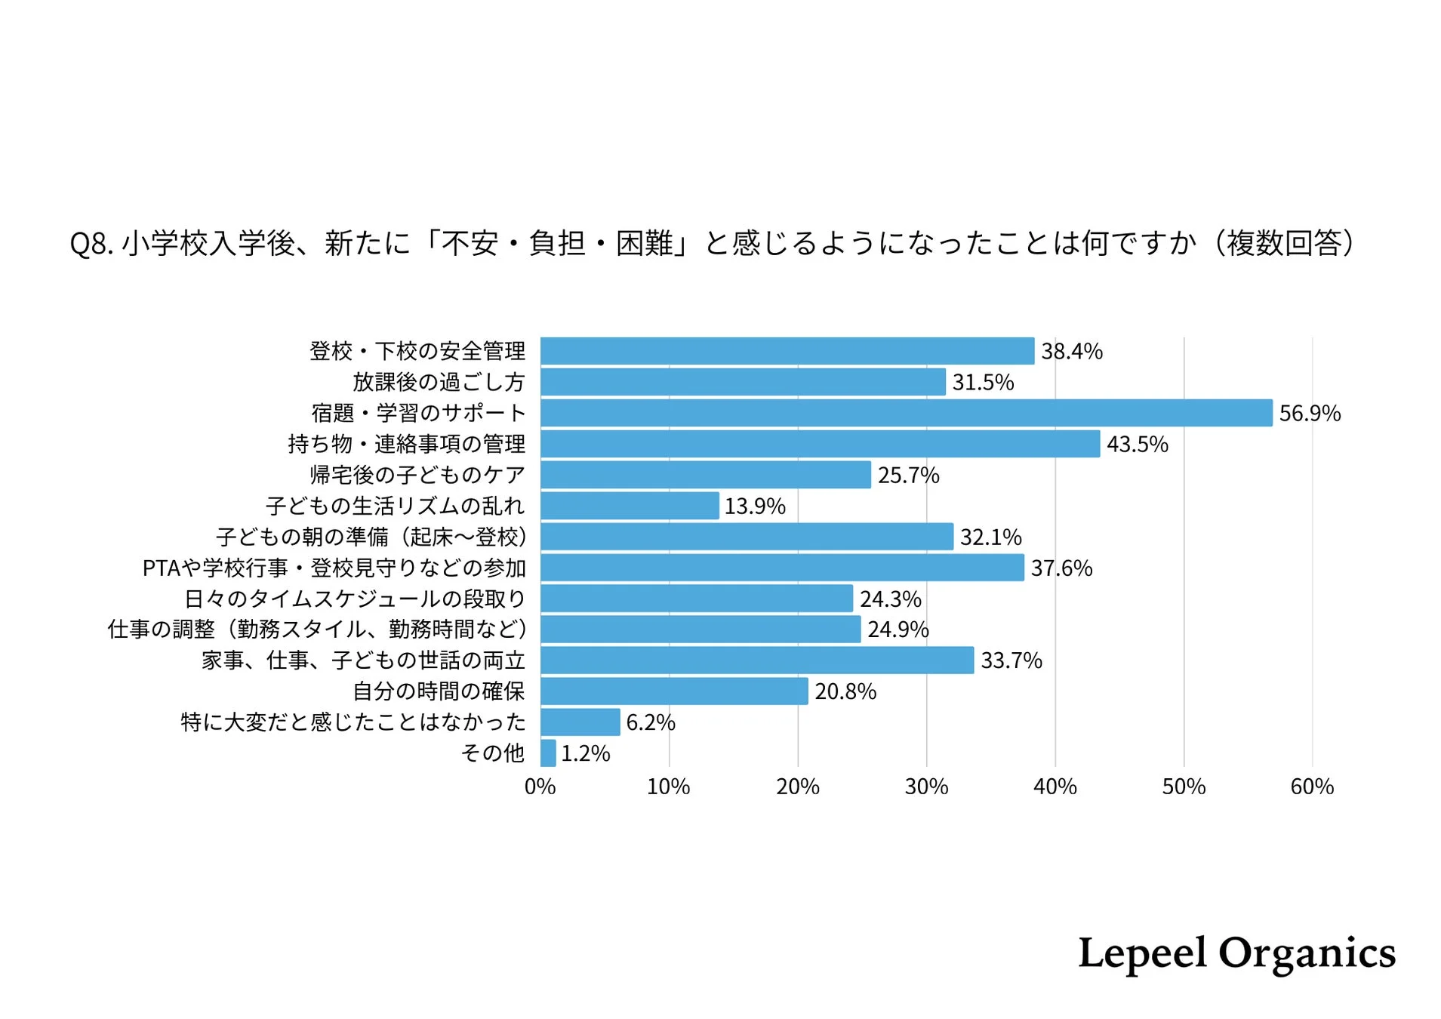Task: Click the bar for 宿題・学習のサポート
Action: tap(906, 413)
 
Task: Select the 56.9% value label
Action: tap(1310, 414)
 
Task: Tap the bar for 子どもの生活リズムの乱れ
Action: tap(630, 506)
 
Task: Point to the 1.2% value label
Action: tap(585, 753)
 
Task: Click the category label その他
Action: tap(492, 753)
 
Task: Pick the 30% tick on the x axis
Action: tap(926, 787)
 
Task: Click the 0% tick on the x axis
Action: tap(540, 787)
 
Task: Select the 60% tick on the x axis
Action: tap(1312, 787)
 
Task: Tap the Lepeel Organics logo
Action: tap(1236, 953)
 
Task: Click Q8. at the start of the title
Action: tap(91, 244)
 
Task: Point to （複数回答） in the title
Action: tap(1283, 243)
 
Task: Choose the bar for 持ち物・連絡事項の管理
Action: tap(820, 444)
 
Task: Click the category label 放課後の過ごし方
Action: tap(439, 382)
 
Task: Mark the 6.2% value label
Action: tap(650, 722)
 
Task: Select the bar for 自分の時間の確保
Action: tap(674, 691)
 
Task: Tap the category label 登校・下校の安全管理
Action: tap(417, 351)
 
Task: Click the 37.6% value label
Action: tap(1061, 568)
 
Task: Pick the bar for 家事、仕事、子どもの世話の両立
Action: tap(757, 660)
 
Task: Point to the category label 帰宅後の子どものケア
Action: tap(417, 475)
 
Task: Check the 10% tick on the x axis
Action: tap(668, 787)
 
